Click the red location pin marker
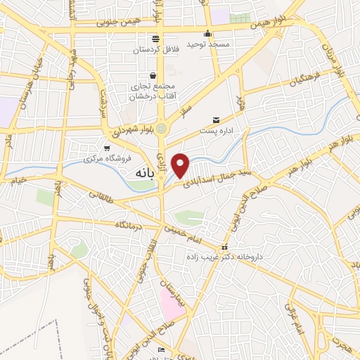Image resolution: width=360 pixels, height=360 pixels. [181, 165]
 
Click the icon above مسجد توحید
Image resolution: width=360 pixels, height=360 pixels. [207, 33]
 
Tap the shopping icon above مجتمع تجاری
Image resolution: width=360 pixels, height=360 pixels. [153, 75]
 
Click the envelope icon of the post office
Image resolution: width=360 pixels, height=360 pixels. [217, 121]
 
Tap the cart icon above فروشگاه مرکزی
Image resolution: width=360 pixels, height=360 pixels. [106, 148]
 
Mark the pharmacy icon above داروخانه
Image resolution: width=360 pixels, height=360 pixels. [224, 247]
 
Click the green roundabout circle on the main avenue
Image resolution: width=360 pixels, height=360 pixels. [162, 129]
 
